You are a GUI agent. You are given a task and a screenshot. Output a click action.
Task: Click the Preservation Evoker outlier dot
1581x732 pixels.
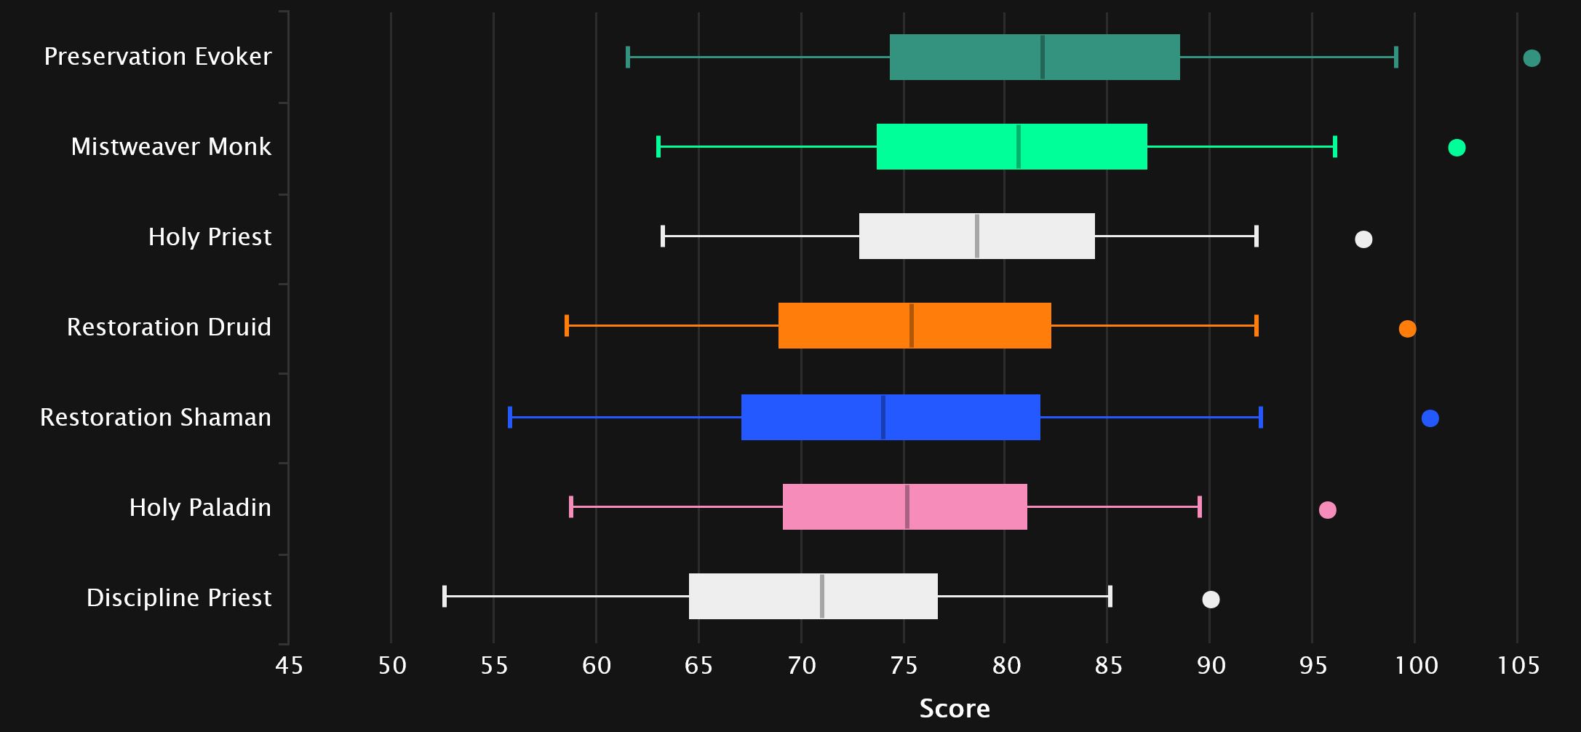pyautogui.click(x=1532, y=58)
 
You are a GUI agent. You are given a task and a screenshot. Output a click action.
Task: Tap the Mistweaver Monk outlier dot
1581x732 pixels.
pyautogui.click(x=1457, y=148)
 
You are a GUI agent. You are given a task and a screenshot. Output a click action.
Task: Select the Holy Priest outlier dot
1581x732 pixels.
pyautogui.click(x=1363, y=239)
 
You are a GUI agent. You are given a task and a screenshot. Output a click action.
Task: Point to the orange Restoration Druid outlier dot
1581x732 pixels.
pyautogui.click(x=1407, y=329)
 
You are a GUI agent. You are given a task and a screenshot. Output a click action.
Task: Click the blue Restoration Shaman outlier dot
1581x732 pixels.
pyautogui.click(x=1430, y=418)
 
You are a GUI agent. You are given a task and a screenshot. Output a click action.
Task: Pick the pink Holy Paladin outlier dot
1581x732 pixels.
pyautogui.click(x=1327, y=510)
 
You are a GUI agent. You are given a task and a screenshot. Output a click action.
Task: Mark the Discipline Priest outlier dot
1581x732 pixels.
pyautogui.click(x=1211, y=600)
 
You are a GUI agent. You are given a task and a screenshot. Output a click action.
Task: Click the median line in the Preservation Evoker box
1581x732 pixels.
pyautogui.click(x=1043, y=57)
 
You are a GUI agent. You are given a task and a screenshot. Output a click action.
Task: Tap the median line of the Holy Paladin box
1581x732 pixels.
pyautogui.click(x=907, y=506)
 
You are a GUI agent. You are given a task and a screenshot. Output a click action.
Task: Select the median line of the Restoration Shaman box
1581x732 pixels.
pyautogui.click(x=883, y=417)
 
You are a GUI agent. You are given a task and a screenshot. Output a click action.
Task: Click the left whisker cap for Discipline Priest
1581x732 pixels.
pyautogui.click(x=445, y=596)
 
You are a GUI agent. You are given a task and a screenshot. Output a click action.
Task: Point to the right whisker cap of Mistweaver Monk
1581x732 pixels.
pyautogui.click(x=1335, y=147)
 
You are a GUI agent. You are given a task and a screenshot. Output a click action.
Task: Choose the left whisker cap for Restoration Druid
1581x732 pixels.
pyautogui.click(x=567, y=325)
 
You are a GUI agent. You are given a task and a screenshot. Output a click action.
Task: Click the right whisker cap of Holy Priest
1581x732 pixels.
pyautogui.click(x=1257, y=236)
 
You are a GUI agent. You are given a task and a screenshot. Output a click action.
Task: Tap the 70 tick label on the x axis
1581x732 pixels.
pyautogui.click(x=801, y=666)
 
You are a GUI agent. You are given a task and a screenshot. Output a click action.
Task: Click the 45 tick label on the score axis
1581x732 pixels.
pyautogui.click(x=289, y=666)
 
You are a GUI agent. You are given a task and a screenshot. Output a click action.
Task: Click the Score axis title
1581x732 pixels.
pyautogui.click(x=955, y=709)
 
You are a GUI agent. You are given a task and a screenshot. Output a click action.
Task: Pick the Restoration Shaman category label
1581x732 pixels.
pyautogui.click(x=156, y=418)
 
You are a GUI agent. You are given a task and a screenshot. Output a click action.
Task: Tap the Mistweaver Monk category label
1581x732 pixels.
pyautogui.click(x=171, y=147)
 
